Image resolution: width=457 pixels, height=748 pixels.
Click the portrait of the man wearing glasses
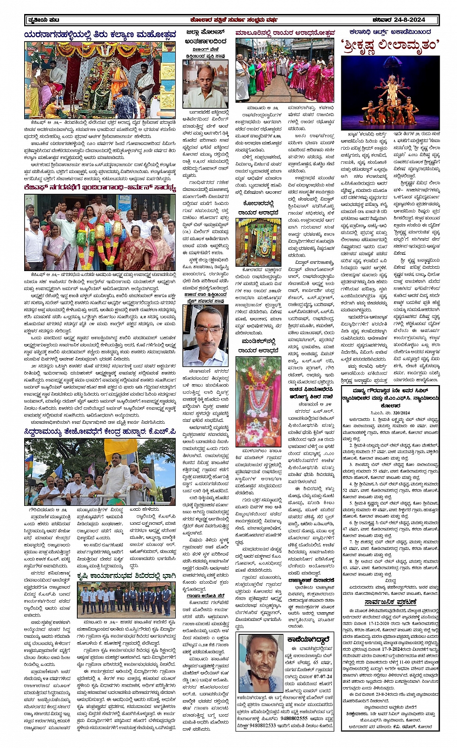click(205, 335)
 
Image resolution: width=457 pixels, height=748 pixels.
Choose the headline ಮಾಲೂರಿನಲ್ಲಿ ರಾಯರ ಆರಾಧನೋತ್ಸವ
click(285, 33)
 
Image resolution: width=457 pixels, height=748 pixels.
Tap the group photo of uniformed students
click(125, 599)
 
